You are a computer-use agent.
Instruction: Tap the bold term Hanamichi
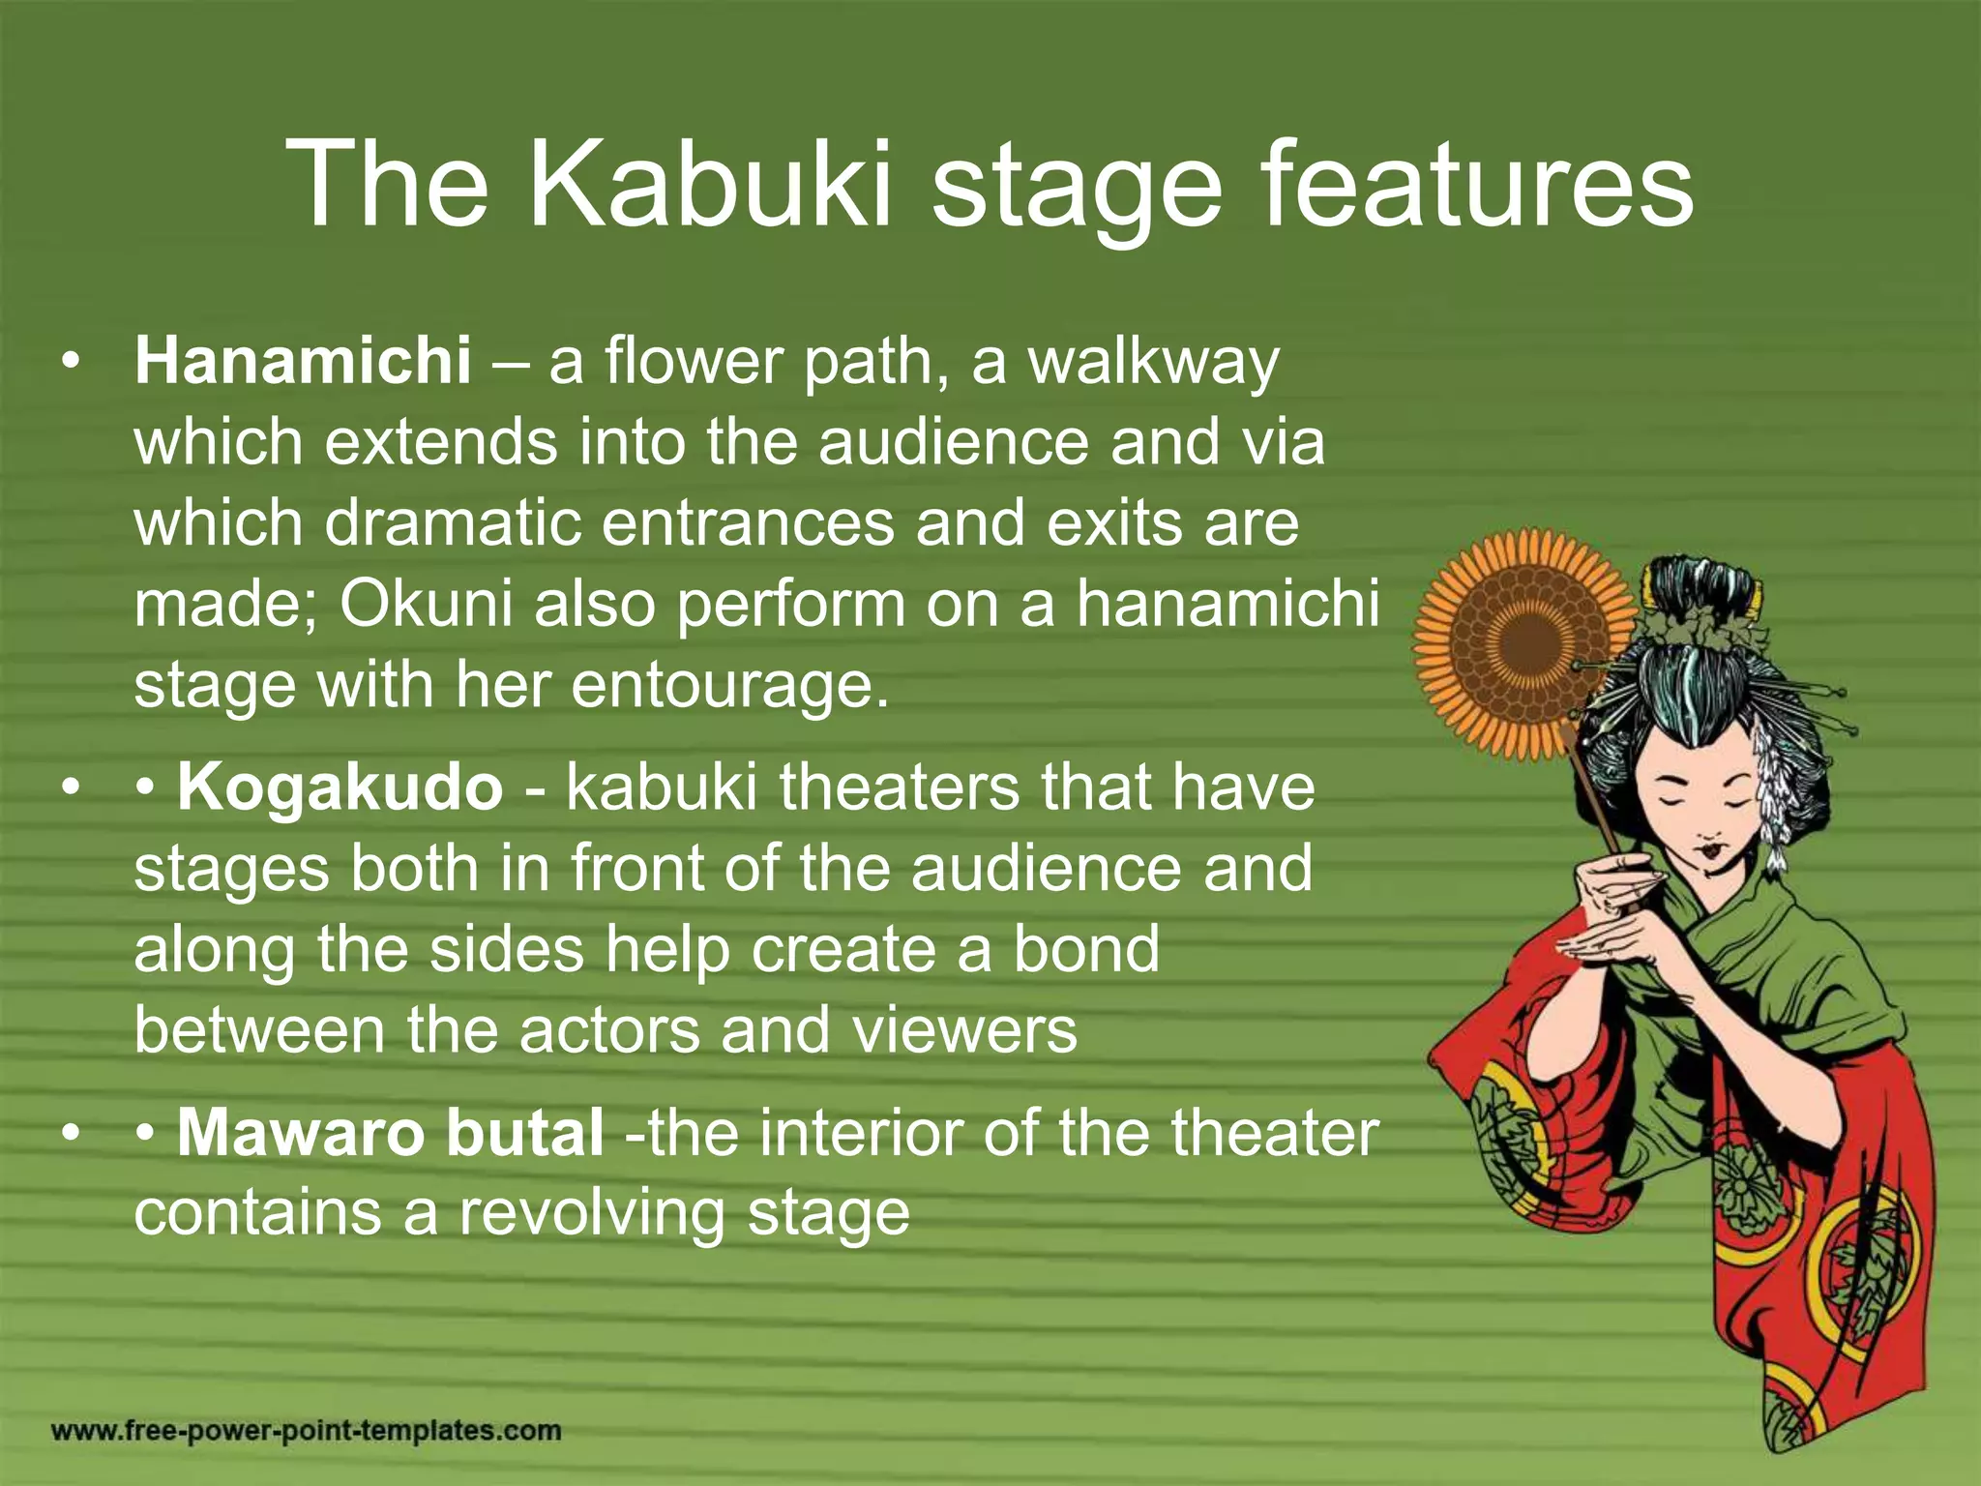pyautogui.click(x=303, y=361)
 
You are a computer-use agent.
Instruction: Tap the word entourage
pyautogui.click(x=728, y=685)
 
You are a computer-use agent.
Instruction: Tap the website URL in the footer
pyautogui.click(x=306, y=1430)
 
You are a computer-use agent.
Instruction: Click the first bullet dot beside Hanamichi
pyautogui.click(x=68, y=363)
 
